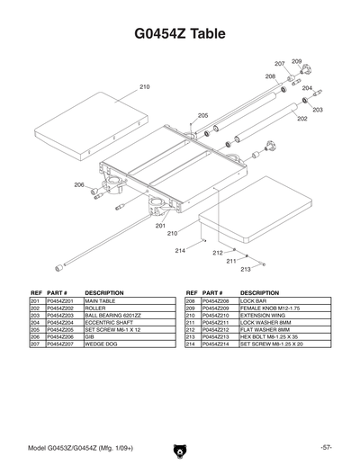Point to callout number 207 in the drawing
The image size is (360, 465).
click(280, 64)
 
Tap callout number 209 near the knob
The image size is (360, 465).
click(296, 61)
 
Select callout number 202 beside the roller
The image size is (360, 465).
click(302, 119)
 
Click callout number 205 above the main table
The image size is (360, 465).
click(202, 116)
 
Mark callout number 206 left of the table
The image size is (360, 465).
click(79, 185)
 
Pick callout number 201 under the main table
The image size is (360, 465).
click(160, 226)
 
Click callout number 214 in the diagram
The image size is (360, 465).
click(179, 249)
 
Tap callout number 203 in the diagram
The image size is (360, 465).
click(318, 110)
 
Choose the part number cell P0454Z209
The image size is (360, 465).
click(220, 309)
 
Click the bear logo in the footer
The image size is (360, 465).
click(180, 447)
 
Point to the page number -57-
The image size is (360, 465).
click(325, 447)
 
